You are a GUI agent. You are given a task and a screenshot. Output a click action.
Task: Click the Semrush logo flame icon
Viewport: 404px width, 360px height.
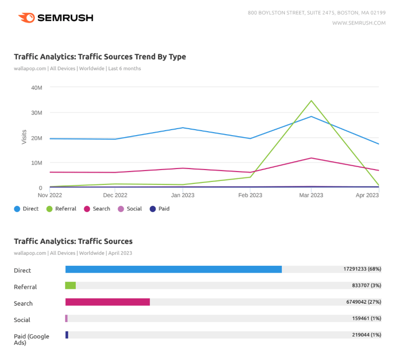[x=26, y=18]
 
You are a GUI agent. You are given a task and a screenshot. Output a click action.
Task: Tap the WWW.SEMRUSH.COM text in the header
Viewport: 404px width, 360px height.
[x=359, y=23]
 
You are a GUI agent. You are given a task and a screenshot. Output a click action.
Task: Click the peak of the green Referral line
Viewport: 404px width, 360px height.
[x=311, y=101]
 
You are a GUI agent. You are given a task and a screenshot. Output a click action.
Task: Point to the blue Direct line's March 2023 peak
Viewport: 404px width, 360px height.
[x=311, y=117]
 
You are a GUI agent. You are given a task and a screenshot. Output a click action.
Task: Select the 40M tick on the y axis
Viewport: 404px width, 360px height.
[x=36, y=88]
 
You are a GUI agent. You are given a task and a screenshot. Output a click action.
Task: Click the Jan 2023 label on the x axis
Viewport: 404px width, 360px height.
[x=183, y=195]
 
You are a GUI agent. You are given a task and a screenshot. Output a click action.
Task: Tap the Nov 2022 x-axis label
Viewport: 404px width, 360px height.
[x=49, y=195]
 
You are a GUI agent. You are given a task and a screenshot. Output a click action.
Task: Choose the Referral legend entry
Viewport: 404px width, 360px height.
[x=61, y=209]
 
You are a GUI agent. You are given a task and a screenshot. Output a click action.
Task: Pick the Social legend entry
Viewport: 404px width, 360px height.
[x=130, y=209]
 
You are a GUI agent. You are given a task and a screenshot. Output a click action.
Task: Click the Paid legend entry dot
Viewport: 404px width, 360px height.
[x=153, y=209]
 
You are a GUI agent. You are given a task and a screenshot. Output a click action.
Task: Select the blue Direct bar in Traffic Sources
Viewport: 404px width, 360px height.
[x=173, y=269]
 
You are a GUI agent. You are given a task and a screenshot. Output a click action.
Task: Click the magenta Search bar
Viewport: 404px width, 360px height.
[x=108, y=302]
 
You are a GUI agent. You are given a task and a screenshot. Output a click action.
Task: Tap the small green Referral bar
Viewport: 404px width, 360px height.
[x=70, y=286]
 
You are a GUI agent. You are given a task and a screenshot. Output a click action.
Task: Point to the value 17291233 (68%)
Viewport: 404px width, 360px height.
[x=362, y=269]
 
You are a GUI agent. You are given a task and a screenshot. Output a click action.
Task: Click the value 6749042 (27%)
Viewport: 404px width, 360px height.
[x=363, y=302]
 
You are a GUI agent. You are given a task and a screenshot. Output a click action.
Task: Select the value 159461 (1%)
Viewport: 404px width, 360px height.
[x=366, y=319]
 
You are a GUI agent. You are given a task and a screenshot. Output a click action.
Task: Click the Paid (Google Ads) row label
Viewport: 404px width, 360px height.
[x=31, y=340]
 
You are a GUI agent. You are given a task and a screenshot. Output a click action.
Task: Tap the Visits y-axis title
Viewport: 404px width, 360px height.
[x=24, y=138]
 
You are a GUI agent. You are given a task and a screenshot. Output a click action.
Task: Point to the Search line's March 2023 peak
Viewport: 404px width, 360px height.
[x=311, y=158]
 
